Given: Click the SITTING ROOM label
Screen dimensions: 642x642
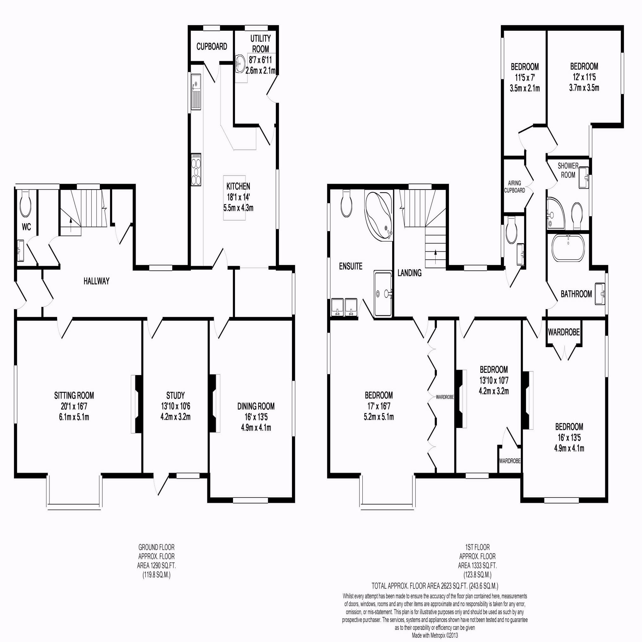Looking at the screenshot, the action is point(74,395).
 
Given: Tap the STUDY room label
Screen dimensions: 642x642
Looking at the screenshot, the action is point(175,395).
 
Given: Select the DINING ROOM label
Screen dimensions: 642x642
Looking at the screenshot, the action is point(256,406).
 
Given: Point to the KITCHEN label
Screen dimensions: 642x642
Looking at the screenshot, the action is point(238,186).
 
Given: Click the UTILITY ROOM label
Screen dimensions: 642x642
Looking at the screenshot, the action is point(260,43).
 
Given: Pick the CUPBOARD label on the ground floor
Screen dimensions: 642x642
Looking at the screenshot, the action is point(212,47).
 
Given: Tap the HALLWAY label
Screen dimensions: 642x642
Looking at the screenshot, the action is point(96,282).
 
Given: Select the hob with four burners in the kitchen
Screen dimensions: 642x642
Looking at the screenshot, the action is point(196,170).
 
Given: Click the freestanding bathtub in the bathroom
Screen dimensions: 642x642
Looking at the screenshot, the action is point(569,248).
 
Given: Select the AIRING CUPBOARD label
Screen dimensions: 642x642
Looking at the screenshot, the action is point(515,187).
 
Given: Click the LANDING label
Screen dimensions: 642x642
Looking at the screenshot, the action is point(409,273).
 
